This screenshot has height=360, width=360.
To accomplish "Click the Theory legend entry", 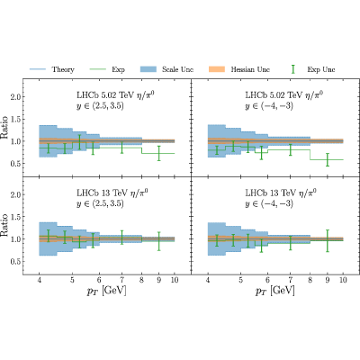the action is pos(51,69).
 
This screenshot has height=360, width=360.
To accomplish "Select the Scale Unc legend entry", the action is pos(166,69).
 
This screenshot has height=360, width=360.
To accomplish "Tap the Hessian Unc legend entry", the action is pos(239,69).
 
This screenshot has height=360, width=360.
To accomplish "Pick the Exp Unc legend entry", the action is pos(313,69).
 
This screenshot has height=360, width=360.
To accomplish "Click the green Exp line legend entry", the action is pos(107,69).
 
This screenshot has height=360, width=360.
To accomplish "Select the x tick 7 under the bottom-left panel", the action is pos(121,280).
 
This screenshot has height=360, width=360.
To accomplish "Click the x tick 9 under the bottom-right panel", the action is pos(328,280).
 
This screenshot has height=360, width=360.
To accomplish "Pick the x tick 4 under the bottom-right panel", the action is pos(208,280).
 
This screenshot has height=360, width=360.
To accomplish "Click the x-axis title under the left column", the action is pos(106,291).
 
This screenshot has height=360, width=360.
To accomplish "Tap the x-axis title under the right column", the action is pos(275,291).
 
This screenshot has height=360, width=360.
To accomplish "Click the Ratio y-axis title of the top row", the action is pos(4,127).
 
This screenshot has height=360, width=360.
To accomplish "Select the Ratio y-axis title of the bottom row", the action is pos(4,225).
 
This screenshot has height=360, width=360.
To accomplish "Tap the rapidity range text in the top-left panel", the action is pos(100,106).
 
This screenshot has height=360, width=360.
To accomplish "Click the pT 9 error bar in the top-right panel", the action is pos(328,159).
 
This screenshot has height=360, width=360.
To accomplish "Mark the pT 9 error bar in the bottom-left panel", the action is pos(159,241).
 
